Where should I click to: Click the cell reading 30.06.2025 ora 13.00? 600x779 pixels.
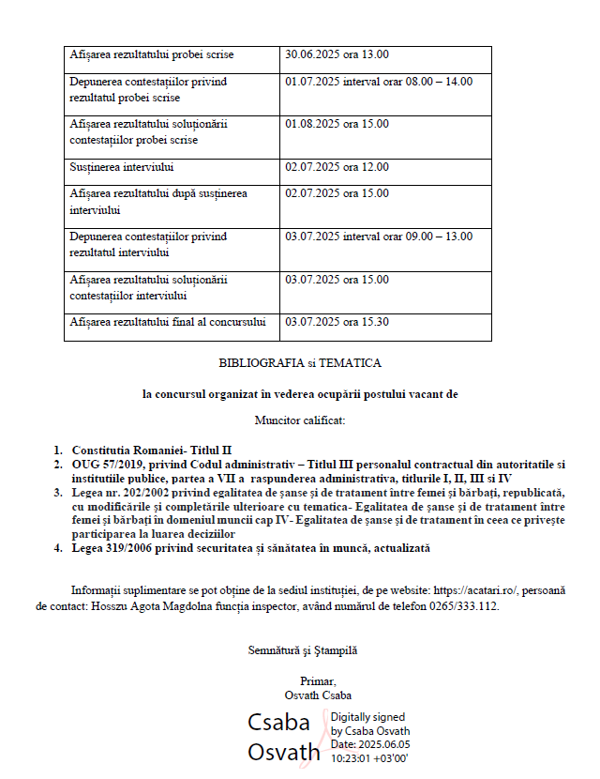point(337,54)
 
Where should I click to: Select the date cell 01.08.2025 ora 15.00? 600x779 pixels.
point(337,124)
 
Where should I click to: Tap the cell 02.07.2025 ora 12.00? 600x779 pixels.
point(337,167)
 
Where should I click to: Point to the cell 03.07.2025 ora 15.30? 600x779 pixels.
point(337,322)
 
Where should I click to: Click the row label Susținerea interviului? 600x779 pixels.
point(122,167)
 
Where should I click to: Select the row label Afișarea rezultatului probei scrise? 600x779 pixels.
point(152,54)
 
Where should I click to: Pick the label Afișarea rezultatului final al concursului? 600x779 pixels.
point(168,322)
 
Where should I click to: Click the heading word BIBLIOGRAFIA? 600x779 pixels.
point(262,362)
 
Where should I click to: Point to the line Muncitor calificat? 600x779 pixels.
point(300,420)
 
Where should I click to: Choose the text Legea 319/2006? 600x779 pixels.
point(112,547)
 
